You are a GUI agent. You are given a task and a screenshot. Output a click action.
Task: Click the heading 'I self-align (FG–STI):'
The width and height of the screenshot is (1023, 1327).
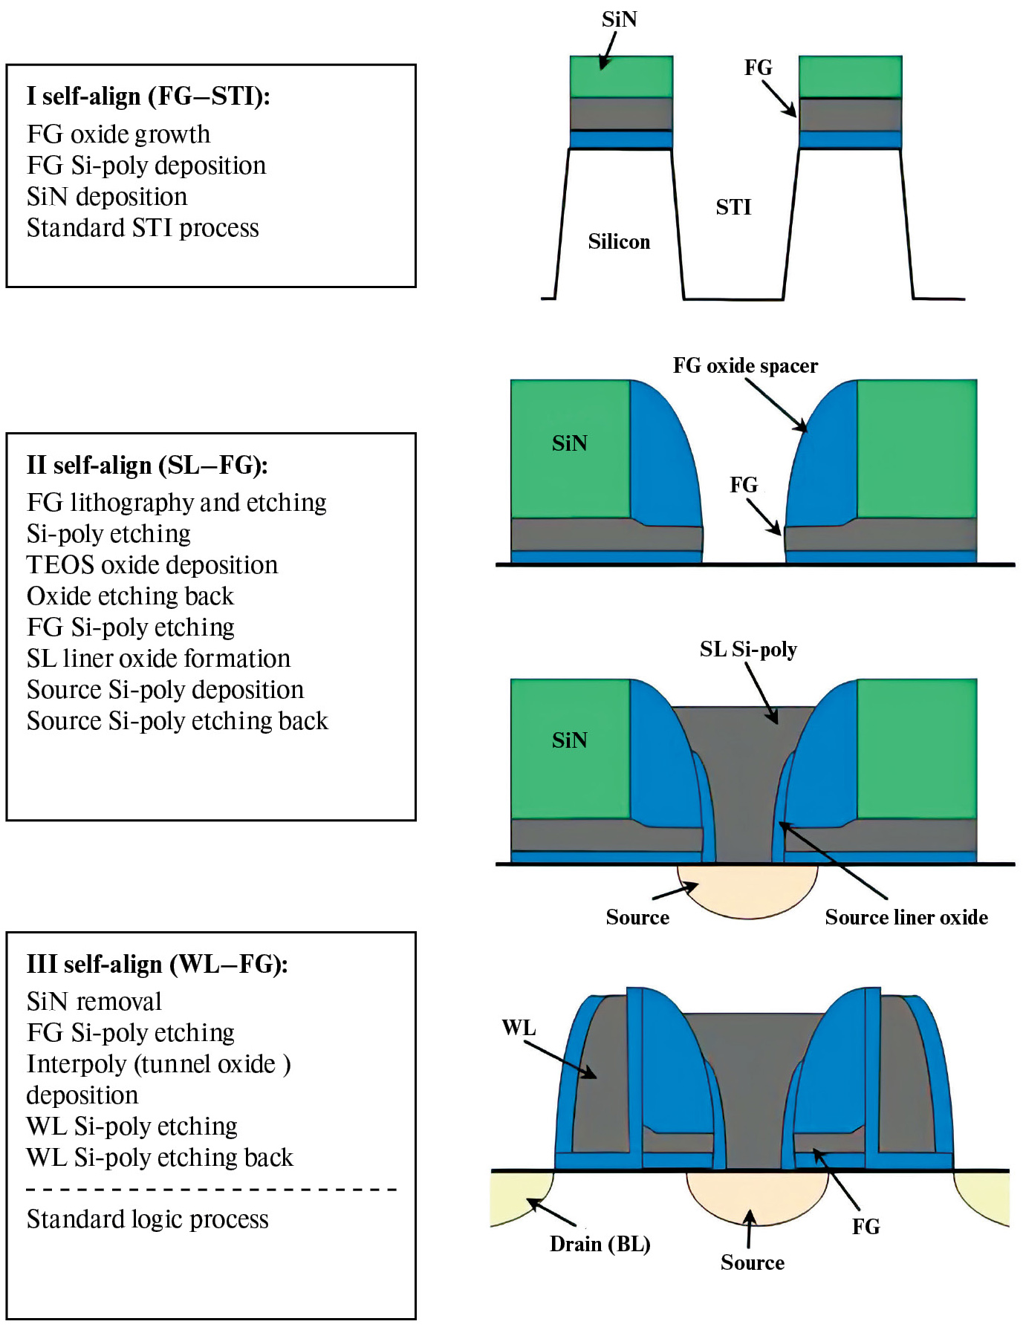(149, 97)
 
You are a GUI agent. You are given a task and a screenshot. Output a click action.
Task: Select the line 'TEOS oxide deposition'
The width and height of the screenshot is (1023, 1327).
(152, 565)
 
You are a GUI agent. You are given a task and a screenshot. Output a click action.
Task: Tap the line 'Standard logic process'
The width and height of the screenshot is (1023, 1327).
(147, 1219)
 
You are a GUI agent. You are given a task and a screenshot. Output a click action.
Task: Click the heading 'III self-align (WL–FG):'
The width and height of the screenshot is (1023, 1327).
(157, 964)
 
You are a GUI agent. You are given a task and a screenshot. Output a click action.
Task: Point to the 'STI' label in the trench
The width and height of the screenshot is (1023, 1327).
(733, 207)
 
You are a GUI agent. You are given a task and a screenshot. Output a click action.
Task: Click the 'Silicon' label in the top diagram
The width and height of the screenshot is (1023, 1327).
(619, 242)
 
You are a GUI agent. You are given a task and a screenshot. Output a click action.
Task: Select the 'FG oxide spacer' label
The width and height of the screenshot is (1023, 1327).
(745, 365)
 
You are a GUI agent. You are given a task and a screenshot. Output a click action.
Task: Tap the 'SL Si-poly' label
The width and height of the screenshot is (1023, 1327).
(748, 650)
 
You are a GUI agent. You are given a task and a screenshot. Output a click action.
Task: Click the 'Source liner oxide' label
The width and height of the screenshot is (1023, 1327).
(906, 918)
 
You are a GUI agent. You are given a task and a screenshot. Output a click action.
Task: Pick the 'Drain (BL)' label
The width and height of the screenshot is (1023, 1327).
(600, 1244)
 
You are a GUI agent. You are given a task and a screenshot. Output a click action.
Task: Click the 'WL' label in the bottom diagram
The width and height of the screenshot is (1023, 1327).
(519, 1028)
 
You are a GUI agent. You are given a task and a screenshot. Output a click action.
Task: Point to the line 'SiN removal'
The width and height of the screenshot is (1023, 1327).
(94, 1002)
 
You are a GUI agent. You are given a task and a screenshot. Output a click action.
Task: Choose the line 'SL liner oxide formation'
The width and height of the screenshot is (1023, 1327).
(158, 659)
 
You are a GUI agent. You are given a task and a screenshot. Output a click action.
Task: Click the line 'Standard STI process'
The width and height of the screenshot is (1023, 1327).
(143, 228)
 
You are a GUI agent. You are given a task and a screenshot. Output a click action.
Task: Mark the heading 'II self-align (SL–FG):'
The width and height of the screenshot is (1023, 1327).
(147, 466)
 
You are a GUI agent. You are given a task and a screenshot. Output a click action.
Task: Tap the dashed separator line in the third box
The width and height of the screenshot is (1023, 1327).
(212, 1190)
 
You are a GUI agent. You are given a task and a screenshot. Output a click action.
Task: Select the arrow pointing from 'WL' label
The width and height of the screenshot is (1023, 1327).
(560, 1059)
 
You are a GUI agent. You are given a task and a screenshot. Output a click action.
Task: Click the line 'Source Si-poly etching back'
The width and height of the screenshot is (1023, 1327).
(178, 721)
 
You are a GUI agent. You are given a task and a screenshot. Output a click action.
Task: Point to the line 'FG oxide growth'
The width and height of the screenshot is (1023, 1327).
(119, 134)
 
